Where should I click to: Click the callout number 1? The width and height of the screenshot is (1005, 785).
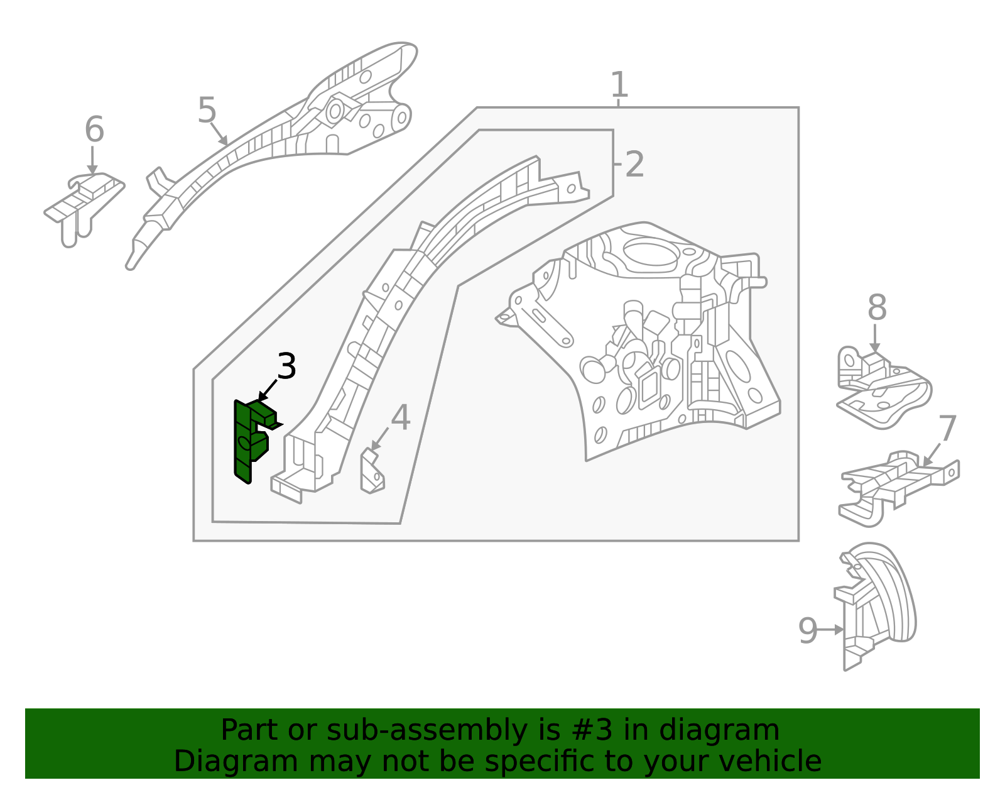point(619,85)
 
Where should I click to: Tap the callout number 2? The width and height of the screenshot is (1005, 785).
point(634,165)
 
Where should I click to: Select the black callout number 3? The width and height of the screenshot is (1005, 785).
point(286,366)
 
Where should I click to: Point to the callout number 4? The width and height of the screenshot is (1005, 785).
point(401,418)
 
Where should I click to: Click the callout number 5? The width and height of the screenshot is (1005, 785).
point(207,111)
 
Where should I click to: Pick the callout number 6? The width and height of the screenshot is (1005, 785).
point(94,130)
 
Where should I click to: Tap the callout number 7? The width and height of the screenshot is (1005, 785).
point(947,429)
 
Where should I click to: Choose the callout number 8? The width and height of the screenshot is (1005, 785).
point(877,309)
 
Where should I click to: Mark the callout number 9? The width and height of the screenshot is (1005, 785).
point(808,630)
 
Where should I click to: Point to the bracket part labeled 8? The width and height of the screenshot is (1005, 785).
point(883,390)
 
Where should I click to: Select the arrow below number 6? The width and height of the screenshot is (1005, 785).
point(93,160)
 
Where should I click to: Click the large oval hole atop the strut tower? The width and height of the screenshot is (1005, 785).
point(650,253)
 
